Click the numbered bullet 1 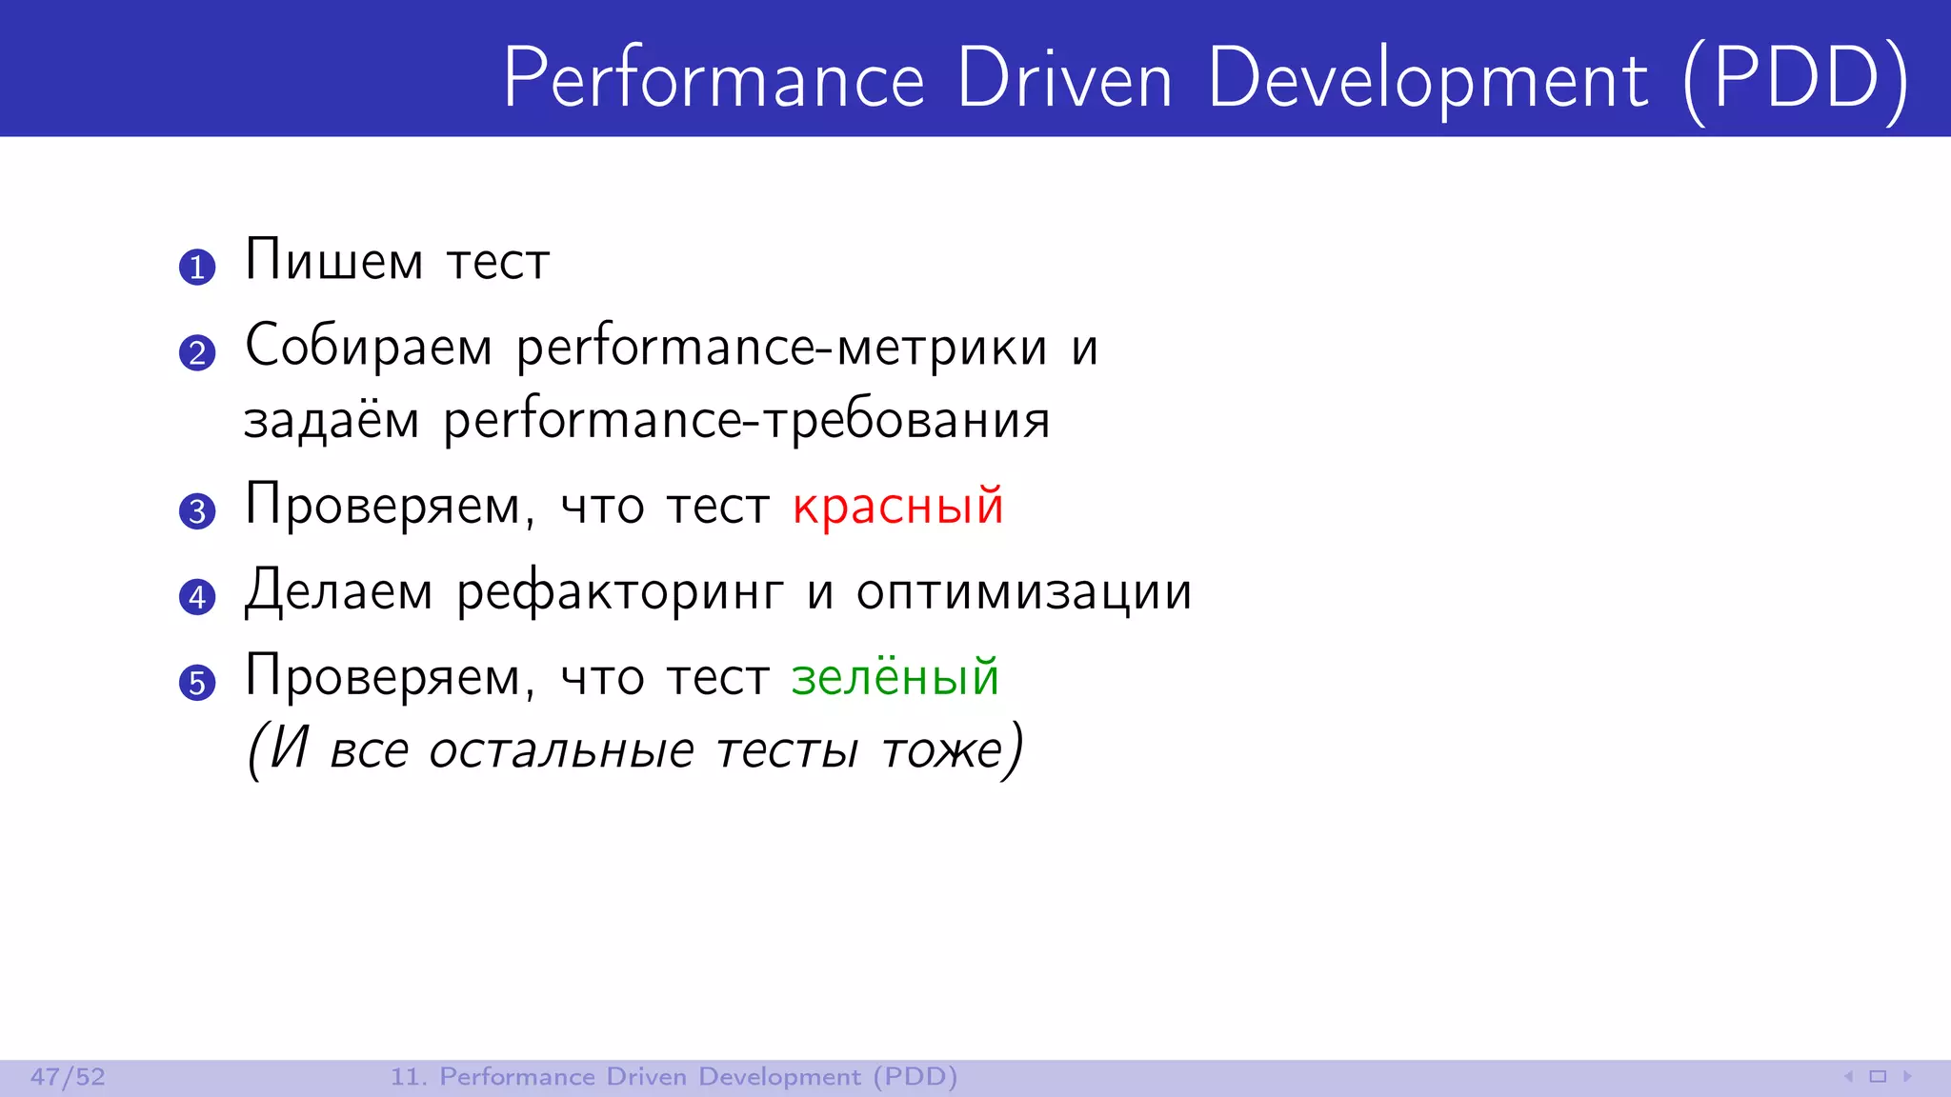pyautogui.click(x=197, y=267)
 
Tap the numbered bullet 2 pyautogui.click(x=197, y=352)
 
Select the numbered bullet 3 pyautogui.click(x=197, y=511)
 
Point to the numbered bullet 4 pyautogui.click(x=197, y=597)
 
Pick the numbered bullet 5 pyautogui.click(x=197, y=683)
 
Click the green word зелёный pyautogui.click(x=895, y=678)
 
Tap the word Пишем pyautogui.click(x=333, y=260)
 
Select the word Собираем pyautogui.click(x=369, y=346)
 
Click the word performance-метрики pyautogui.click(x=781, y=349)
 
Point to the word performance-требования pyautogui.click(x=747, y=422)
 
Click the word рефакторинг pyautogui.click(x=620, y=593)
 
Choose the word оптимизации pyautogui.click(x=1024, y=593)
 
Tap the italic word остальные pyautogui.click(x=561, y=750)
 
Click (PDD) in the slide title pyautogui.click(x=1797, y=79)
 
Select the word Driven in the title pyautogui.click(x=1064, y=79)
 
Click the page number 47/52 pyautogui.click(x=68, y=1077)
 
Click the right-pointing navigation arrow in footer pyautogui.click(x=1907, y=1077)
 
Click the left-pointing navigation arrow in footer pyautogui.click(x=1848, y=1077)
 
